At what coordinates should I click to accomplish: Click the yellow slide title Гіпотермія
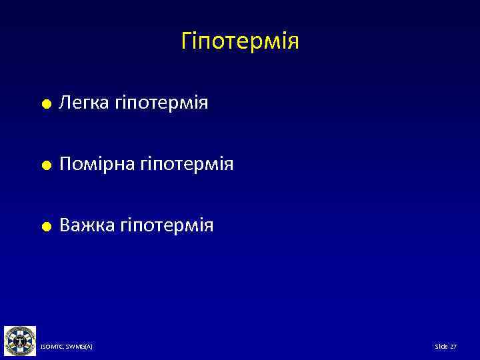coord(240,42)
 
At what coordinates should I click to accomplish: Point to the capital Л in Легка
coord(65,103)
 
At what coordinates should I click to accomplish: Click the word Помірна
coord(97,164)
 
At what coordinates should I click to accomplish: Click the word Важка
coord(87,225)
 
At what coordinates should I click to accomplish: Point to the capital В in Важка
coord(65,225)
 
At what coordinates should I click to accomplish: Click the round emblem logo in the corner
coord(19,341)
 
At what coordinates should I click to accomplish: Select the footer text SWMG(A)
coord(80,347)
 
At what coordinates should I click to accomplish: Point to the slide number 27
coord(453,347)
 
